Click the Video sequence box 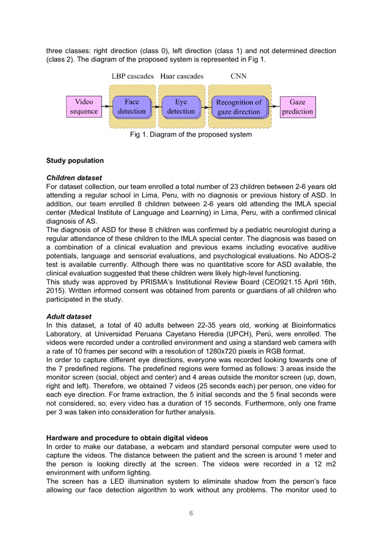pyautogui.click(x=84, y=107)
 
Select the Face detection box pyautogui.click(x=131, y=107)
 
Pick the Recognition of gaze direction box pyautogui.click(x=239, y=107)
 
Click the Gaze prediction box pyautogui.click(x=297, y=107)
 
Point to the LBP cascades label pyautogui.click(x=133, y=76)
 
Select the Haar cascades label pyautogui.click(x=182, y=76)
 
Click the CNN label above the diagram pyautogui.click(x=239, y=76)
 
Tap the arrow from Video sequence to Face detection pyautogui.click(x=106, y=107)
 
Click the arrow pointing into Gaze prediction pyautogui.click(x=275, y=107)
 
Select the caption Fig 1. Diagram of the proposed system pyautogui.click(x=191, y=135)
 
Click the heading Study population pyautogui.click(x=75, y=161)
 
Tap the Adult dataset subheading pyautogui.click(x=69, y=316)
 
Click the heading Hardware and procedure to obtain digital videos pyautogui.click(x=127, y=438)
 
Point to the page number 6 pyautogui.click(x=191, y=513)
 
